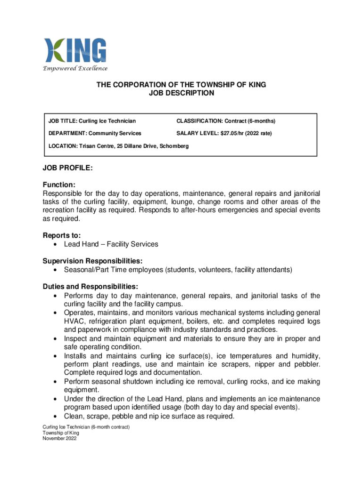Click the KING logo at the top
pos(75,51)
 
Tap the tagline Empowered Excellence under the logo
pos(75,69)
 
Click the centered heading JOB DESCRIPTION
pos(181,93)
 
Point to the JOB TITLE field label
pos(66,121)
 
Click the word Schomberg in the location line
pos(173,146)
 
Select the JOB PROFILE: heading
pos(67,168)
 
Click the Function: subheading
pos(59,185)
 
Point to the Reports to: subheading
pos(62,235)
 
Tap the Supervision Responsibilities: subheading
pos(92,261)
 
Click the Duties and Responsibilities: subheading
pos(90,287)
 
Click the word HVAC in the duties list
pos(73,321)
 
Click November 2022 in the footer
pos(59,438)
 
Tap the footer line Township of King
pos(60,433)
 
